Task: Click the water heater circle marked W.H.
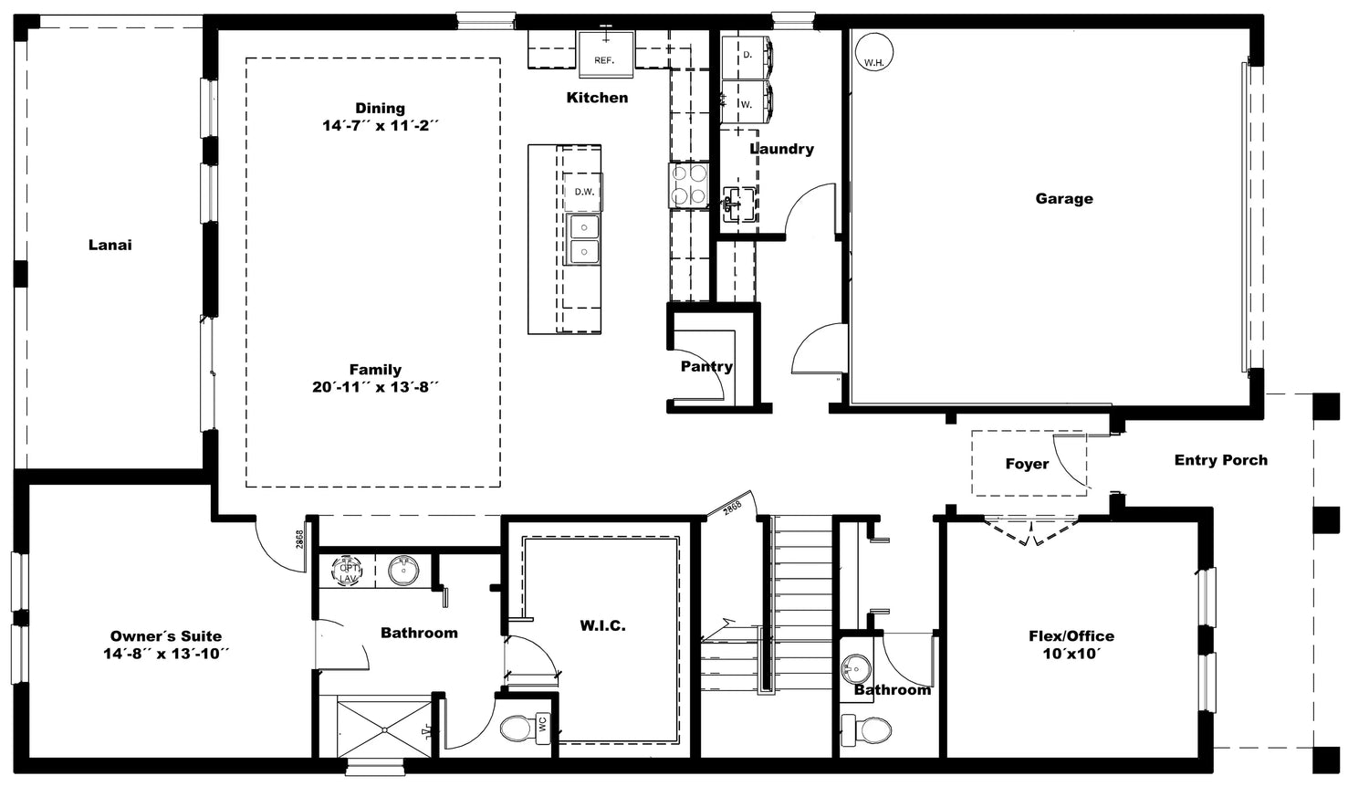tap(874, 51)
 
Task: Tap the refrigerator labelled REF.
tap(606, 54)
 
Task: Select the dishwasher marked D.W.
tap(584, 192)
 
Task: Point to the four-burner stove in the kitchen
tap(689, 186)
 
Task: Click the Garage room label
tap(1064, 199)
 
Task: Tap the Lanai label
tap(110, 245)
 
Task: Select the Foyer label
tap(1027, 464)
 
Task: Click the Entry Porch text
tap(1220, 460)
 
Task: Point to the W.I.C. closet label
tap(602, 626)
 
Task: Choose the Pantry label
tap(706, 367)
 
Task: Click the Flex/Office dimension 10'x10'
tap(1071, 654)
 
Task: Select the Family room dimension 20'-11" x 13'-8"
tap(375, 387)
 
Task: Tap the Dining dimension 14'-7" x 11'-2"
tap(381, 126)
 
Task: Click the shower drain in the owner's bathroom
tap(384, 729)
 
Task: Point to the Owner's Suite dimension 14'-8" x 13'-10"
tap(165, 654)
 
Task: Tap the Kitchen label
tap(597, 98)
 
